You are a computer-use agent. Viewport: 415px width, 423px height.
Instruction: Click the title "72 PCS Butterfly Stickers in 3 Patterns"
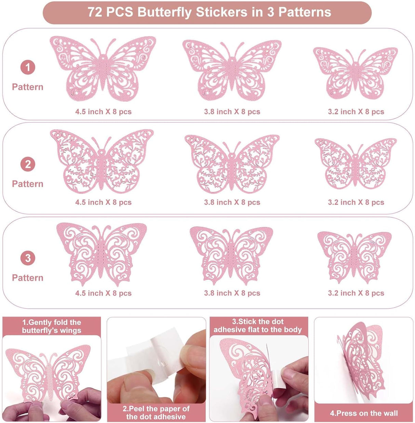pos(209,12)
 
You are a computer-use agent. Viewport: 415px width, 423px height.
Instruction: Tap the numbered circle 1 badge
pos(28,67)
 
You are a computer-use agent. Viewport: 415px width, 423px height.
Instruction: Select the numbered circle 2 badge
pos(28,164)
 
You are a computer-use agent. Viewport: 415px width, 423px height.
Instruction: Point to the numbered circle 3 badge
pos(28,258)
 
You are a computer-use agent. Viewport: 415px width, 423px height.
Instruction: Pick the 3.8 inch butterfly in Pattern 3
pos(231,255)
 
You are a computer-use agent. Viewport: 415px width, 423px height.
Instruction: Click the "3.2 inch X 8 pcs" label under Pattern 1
pos(356,112)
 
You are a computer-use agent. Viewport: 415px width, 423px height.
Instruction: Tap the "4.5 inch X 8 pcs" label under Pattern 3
pos(103,293)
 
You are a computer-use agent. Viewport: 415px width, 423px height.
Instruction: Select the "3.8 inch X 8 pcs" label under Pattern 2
pos(232,202)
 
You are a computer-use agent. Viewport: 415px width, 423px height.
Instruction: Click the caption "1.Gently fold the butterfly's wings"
pos(52,326)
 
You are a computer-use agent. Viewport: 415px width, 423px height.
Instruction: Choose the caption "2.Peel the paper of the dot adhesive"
pos(156,412)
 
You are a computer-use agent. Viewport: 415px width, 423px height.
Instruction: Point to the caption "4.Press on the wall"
pos(364,413)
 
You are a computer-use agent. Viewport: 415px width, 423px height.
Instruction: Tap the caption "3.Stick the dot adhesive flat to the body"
pos(258,325)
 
